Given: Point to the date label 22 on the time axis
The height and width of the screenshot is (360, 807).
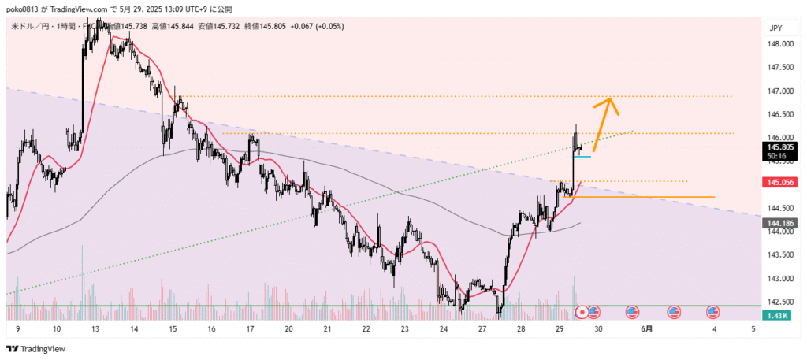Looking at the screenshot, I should (x=365, y=330).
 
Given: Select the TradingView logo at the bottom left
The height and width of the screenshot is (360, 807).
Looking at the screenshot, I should (x=35, y=348).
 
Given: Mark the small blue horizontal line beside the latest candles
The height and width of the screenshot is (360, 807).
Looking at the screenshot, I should (x=582, y=158).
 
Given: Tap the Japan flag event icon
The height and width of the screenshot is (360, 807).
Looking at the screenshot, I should (x=582, y=312).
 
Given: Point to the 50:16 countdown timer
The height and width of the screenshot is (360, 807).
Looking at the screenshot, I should (x=775, y=156).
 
